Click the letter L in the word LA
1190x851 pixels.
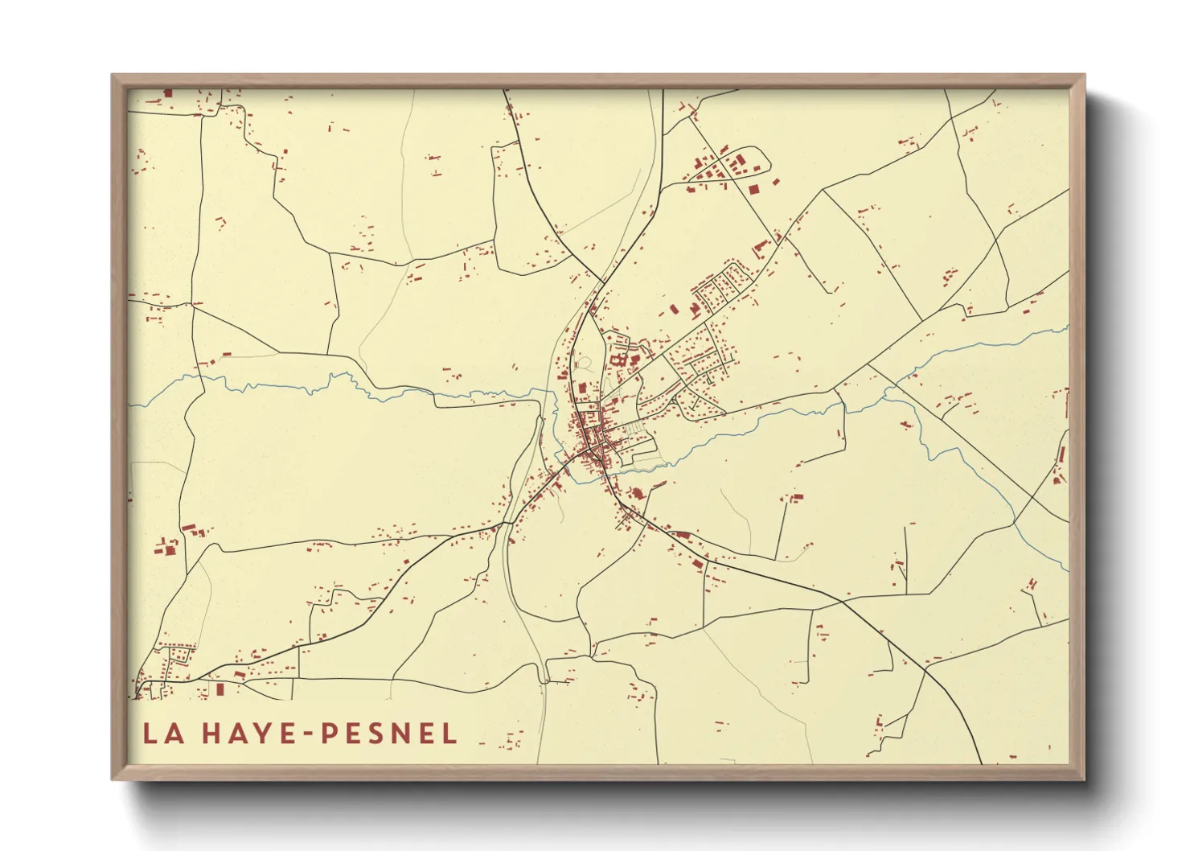[150, 734]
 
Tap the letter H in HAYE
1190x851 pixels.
[211, 734]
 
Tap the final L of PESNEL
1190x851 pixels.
[449, 734]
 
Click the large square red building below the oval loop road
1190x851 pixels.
[753, 189]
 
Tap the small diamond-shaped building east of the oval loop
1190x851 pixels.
[776, 183]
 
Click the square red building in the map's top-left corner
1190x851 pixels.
[168, 93]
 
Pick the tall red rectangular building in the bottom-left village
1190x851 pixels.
[219, 690]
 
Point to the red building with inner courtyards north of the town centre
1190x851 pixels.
[620, 361]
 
